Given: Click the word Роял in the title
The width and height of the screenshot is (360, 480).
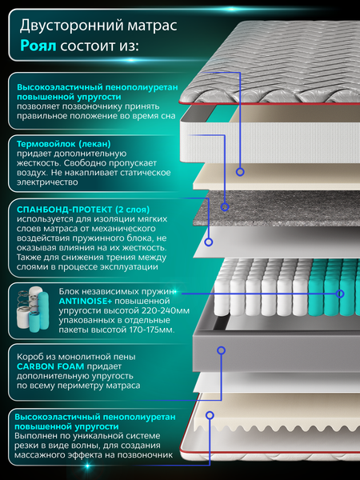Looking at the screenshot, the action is coord(38,46).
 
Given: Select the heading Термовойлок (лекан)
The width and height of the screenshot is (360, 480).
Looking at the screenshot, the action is coord(64,144).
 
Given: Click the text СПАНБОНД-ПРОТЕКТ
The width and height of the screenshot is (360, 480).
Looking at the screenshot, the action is coord(64,210).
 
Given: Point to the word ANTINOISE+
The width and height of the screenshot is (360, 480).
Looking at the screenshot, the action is coord(86,302).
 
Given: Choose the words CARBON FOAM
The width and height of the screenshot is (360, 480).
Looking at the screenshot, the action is coord(50,366).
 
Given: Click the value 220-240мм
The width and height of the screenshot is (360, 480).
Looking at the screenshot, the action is coord(166,310).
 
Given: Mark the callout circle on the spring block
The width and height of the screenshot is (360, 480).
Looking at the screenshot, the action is coord(340,294).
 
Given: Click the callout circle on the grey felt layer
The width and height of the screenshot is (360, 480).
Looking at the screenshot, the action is coord(225,207).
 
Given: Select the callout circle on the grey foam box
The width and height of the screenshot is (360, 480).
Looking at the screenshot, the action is coord(221,350).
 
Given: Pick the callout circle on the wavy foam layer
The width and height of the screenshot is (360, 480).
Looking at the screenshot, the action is coord(210,415).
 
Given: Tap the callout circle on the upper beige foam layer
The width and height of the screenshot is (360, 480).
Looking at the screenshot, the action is coord(240,172).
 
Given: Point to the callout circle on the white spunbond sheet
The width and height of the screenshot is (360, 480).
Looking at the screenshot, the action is coord(209,242).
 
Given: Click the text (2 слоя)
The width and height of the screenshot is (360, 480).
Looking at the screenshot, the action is coord(132,210).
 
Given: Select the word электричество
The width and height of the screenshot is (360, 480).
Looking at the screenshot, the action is coord(47,182).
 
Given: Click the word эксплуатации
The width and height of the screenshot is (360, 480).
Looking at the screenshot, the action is coord(129,267).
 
